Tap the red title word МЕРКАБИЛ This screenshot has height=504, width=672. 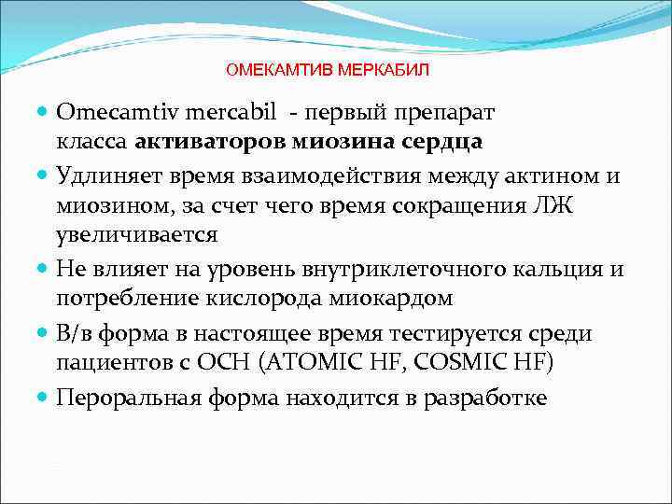[x=383, y=70]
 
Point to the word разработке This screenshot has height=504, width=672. [x=491, y=397]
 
